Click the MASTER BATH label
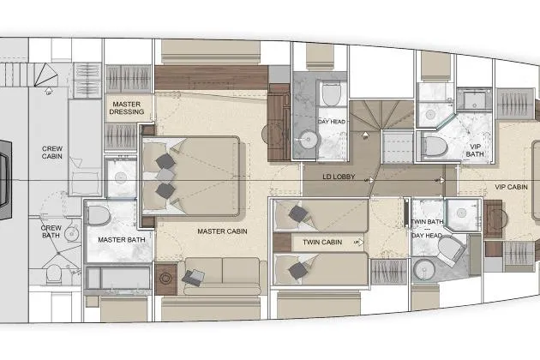tap(119, 239)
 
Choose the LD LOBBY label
tap(339, 178)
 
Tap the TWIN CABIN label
tap(321, 243)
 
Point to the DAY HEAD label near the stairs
tap(331, 122)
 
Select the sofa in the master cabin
tap(221, 277)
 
